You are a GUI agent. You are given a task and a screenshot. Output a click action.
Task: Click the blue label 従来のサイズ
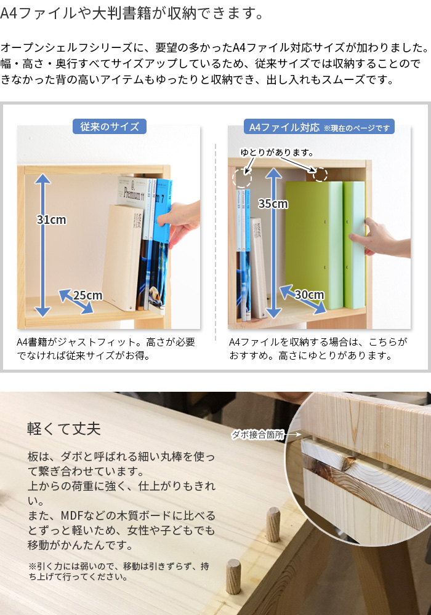coord(110,126)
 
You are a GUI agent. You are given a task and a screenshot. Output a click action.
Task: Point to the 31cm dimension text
coord(52,220)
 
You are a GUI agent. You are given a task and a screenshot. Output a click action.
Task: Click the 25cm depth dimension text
coord(87,295)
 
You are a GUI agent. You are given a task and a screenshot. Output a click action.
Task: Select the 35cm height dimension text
coord(273,204)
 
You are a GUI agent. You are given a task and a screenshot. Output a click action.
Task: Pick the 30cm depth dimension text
coord(309,294)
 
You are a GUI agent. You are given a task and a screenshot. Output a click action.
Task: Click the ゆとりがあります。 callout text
coord(276,152)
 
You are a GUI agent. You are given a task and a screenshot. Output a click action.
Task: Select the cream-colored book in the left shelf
coord(123,257)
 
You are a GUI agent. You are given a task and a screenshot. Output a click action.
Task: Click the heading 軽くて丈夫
coord(64,428)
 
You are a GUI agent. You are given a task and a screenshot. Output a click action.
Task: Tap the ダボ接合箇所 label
coord(257,434)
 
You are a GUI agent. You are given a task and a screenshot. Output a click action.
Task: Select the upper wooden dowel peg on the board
coord(273,525)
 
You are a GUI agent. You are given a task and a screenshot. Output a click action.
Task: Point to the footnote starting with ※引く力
coord(119,571)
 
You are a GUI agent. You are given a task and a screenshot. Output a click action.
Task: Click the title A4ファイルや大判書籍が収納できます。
coord(132,14)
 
